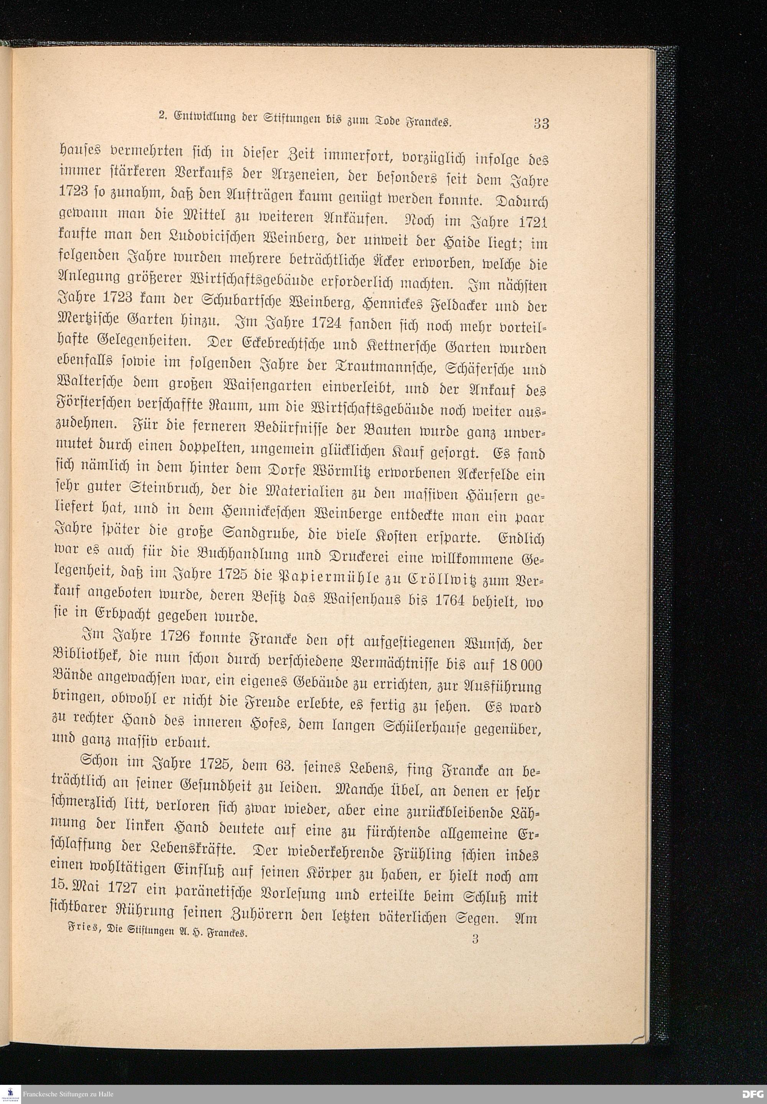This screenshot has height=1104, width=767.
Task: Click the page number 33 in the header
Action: click(541, 123)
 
